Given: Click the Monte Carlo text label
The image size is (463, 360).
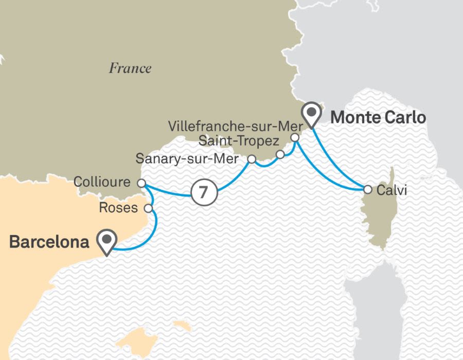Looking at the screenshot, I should click(378, 117).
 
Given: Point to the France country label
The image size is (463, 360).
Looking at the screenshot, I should click(130, 68).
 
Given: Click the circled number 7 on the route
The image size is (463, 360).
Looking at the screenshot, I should click(203, 192).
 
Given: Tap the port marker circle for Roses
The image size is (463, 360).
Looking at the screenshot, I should click(149, 208).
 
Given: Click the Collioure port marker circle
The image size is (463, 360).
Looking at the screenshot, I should click(141, 183).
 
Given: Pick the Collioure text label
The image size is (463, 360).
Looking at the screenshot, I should click(103, 182).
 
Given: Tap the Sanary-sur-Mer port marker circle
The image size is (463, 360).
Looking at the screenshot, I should click(252, 159).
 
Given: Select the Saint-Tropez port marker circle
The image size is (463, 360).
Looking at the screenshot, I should click(280, 154).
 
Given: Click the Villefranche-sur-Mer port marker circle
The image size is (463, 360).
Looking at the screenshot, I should click(295, 138).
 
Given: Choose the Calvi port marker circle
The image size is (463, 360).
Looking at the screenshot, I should click(367, 189).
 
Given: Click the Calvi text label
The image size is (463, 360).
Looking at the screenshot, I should click(392, 190).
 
